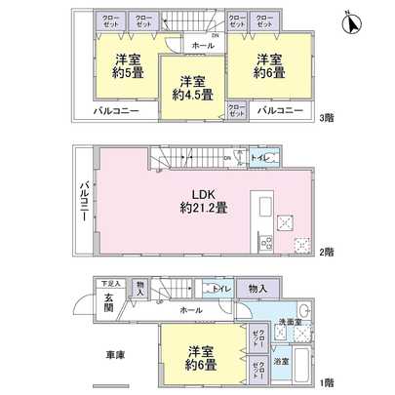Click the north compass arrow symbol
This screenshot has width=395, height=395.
coord(353,19)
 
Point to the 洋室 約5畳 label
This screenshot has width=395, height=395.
coord(125,65)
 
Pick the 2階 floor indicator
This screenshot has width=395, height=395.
coord(328,250)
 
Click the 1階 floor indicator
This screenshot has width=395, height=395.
coord(328,381)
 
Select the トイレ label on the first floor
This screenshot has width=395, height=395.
coord(221,288)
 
